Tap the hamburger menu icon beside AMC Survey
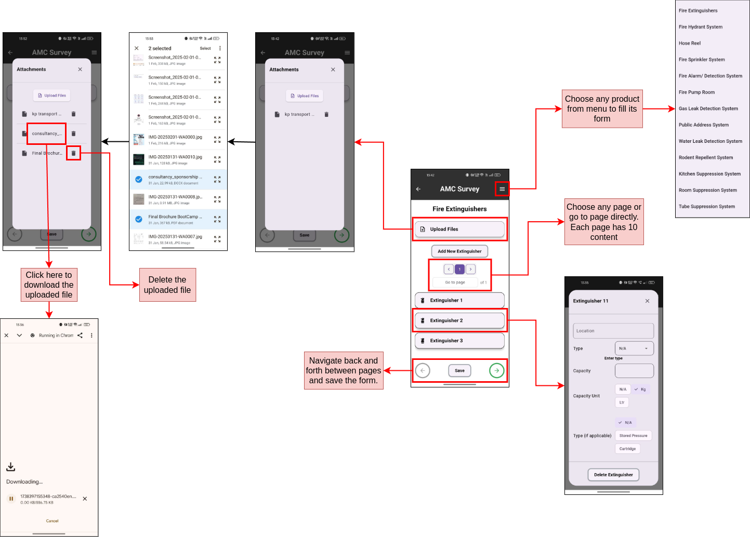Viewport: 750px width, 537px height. point(502,189)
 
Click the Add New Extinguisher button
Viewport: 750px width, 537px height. point(459,251)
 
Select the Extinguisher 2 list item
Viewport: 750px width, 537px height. point(459,320)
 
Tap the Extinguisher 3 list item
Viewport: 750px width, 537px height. point(459,341)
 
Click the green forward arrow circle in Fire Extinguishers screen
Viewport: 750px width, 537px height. point(496,371)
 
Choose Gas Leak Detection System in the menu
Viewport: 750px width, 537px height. point(708,109)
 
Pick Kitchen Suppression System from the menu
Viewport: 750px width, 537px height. point(709,174)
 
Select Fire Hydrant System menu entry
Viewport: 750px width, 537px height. point(700,27)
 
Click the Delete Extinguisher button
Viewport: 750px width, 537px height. point(613,475)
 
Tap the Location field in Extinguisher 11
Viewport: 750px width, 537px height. point(613,331)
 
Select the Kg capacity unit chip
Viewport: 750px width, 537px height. point(640,390)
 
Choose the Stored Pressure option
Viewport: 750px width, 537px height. point(633,436)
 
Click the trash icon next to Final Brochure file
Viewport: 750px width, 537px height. point(73,153)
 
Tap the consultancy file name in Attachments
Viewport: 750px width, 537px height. point(46,133)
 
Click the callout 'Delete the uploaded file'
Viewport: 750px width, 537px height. point(167,285)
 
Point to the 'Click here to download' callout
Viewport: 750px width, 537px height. point(49,285)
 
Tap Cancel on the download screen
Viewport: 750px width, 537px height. point(52,521)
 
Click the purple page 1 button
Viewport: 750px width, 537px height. point(459,269)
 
